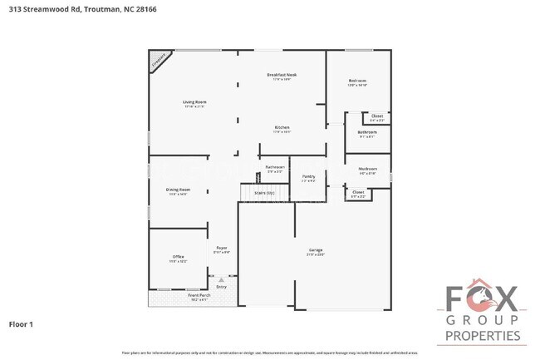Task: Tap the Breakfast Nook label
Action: (282, 75)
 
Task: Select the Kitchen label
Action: (282, 127)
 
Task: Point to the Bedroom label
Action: (357, 81)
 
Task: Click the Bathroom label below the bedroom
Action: (367, 132)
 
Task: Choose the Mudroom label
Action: (367, 169)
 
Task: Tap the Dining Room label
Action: (178, 190)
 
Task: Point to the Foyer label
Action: (222, 248)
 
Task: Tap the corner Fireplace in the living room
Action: (159, 60)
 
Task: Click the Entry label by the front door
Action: (221, 286)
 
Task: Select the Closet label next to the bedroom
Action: (376, 116)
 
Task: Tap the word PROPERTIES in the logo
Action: (484, 336)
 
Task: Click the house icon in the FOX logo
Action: (484, 296)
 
